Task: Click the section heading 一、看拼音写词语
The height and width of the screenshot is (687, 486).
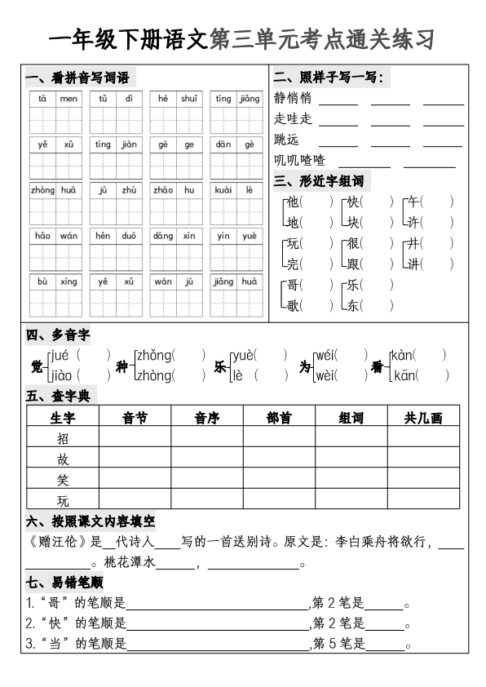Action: click(x=77, y=78)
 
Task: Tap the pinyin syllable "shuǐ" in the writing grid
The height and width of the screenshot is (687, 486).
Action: click(x=188, y=99)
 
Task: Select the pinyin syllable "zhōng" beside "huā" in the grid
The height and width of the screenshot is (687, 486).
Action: click(x=42, y=190)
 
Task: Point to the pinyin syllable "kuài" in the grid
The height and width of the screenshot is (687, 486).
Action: click(x=223, y=190)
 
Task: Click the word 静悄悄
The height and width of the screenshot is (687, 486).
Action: click(x=293, y=99)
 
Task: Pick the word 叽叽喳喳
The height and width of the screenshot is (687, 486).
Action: click(x=299, y=159)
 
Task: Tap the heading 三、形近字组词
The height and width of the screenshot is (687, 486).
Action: click(x=319, y=180)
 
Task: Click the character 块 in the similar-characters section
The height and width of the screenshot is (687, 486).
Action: click(x=353, y=222)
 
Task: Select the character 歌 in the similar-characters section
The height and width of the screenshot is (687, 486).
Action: click(x=294, y=306)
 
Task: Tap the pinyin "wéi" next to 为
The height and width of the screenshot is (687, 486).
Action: click(x=325, y=355)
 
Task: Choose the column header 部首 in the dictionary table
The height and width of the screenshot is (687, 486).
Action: click(x=279, y=418)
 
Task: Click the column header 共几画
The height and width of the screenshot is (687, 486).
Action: click(x=423, y=418)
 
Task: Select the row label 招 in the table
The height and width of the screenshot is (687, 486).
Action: click(x=63, y=438)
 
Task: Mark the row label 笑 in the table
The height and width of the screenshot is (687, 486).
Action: click(x=63, y=479)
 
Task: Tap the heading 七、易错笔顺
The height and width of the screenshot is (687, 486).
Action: click(x=64, y=583)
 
